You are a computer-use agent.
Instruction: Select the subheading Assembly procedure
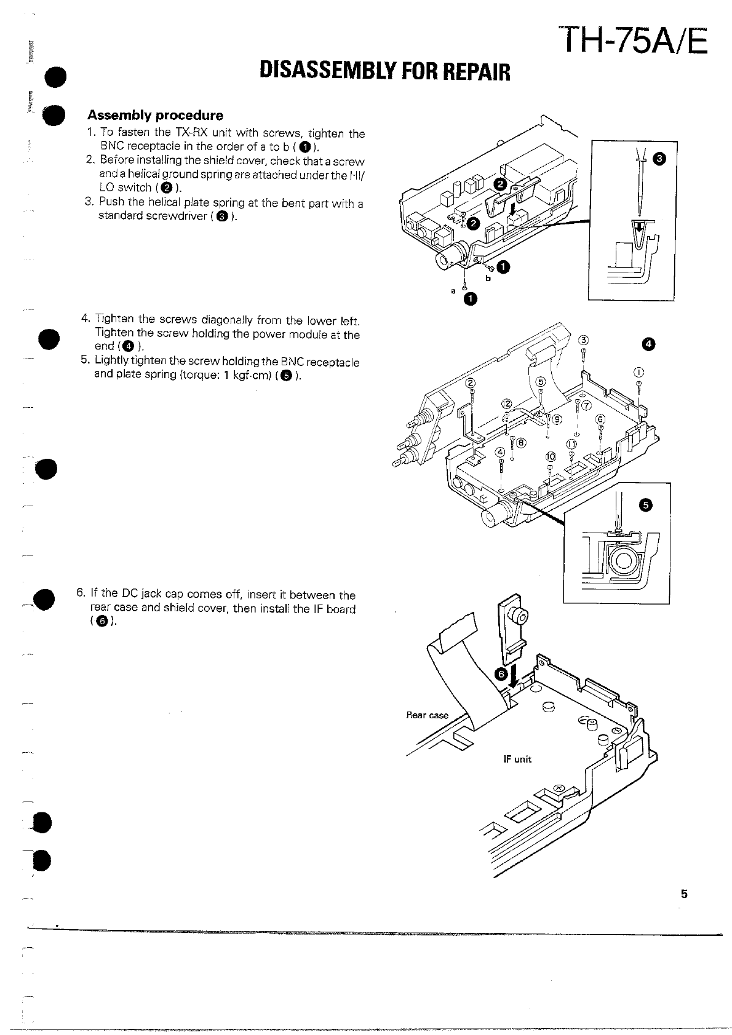(155, 115)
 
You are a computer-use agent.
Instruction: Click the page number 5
(683, 894)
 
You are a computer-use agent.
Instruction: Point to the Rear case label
(427, 715)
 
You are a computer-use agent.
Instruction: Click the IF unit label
(517, 759)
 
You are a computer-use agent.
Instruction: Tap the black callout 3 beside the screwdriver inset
(659, 160)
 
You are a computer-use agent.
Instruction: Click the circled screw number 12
(506, 403)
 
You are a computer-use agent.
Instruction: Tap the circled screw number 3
(584, 340)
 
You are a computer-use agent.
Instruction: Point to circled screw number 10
(550, 456)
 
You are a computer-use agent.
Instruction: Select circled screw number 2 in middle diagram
(471, 383)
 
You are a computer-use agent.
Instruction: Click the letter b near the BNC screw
(489, 278)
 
